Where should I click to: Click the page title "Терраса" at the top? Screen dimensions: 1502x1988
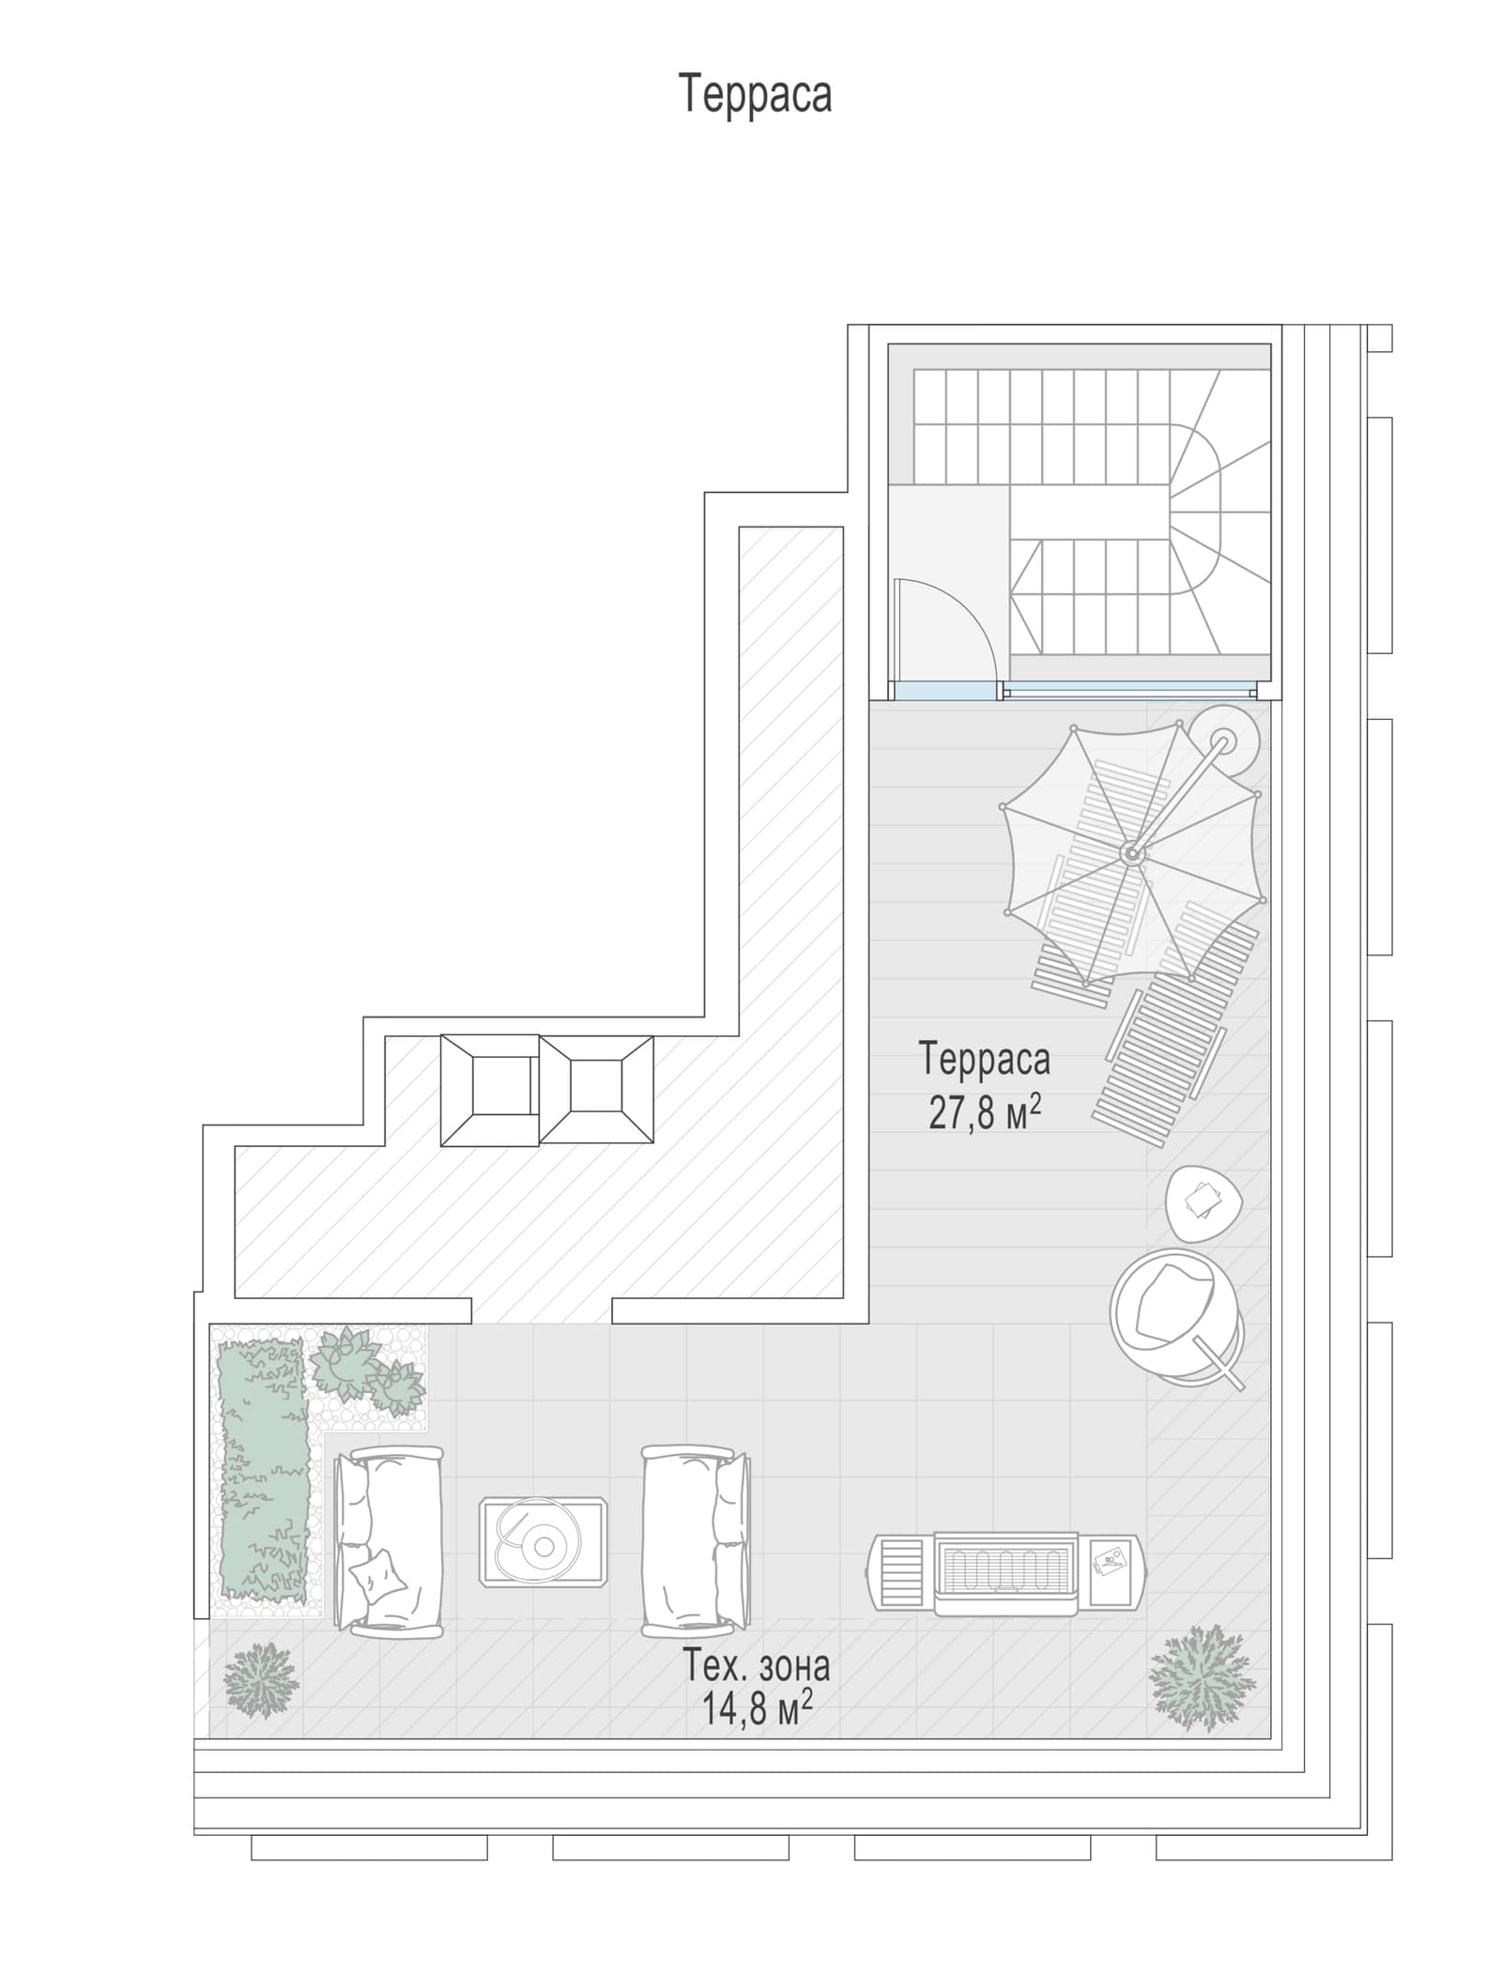(755, 94)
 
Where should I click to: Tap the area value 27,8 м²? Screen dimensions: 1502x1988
(985, 1113)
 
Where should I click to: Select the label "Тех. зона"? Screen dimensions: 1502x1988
(756, 1666)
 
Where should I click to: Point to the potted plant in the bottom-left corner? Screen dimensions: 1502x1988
(261, 1681)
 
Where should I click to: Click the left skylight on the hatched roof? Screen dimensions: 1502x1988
(489, 1090)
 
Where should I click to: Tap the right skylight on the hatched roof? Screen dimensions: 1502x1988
(596, 1090)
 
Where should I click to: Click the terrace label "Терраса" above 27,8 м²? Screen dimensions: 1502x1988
(985, 1060)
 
